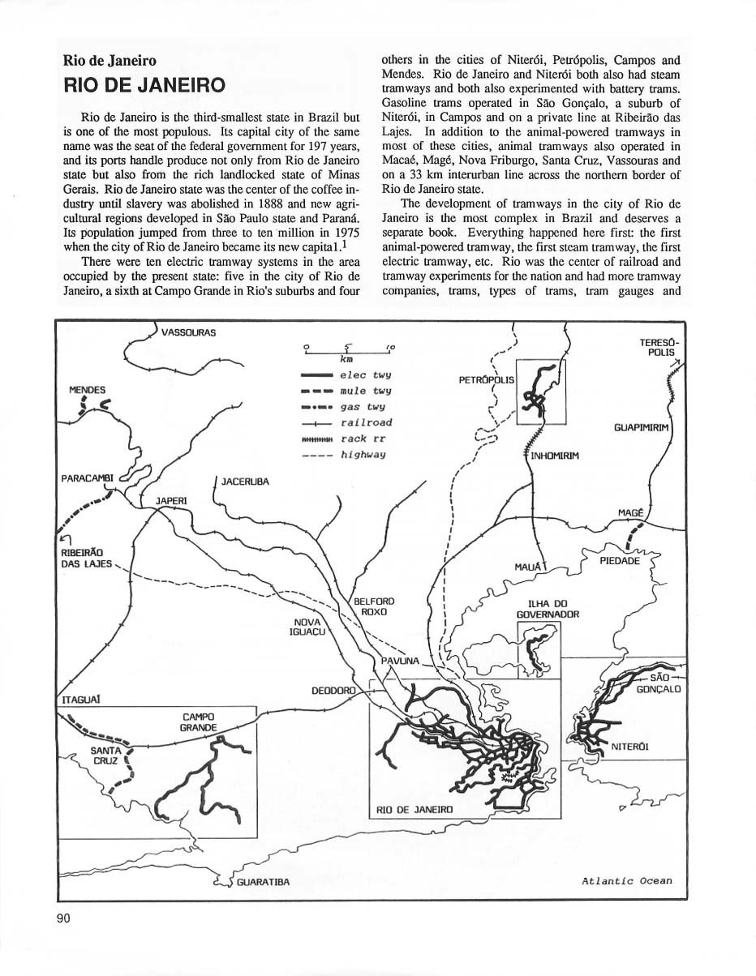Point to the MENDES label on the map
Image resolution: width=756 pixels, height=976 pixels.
pos(87,391)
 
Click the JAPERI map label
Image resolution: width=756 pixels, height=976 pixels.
pos(170,501)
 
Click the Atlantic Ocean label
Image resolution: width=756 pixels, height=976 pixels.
pos(626,881)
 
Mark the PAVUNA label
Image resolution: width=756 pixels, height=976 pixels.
pos(399,661)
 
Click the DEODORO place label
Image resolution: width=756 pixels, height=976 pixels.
pos(333,691)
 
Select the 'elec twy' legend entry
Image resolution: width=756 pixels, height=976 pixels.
pos(366,375)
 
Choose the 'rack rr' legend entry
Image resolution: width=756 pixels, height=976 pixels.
pos(366,439)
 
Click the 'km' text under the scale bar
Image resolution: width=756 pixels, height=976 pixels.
pos(347,357)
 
